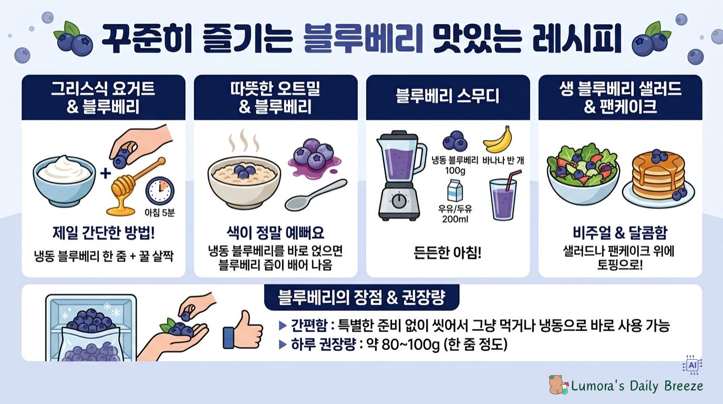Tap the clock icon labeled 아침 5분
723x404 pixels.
tap(160, 190)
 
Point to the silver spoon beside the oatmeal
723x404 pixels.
tap(315, 195)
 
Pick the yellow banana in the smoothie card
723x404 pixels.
tap(497, 139)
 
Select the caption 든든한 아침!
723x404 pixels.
tap(448, 253)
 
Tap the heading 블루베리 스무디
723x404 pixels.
tap(448, 97)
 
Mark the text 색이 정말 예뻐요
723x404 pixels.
tap(275, 233)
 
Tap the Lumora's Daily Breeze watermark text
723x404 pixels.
tap(637, 386)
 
